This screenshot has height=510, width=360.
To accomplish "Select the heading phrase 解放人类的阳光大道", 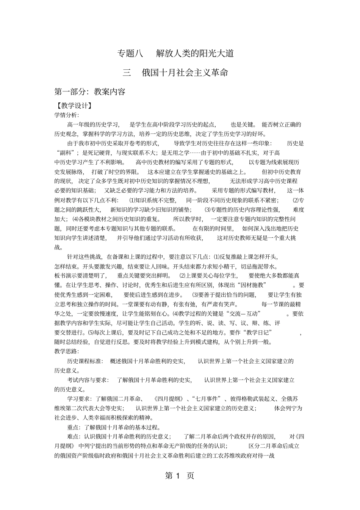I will coord(195,53).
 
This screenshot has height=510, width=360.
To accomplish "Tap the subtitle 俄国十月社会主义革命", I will coord(185,72).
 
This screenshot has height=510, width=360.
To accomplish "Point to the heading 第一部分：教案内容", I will coord(90,91).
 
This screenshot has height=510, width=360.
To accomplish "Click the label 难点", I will coord(74,436).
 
